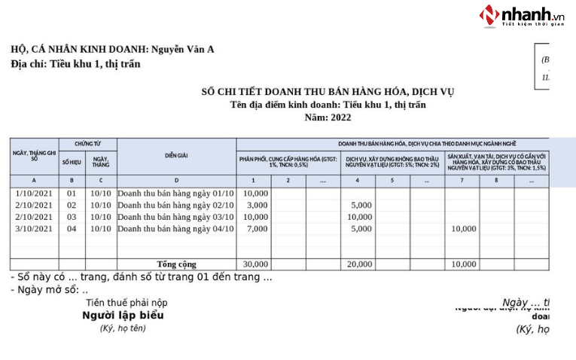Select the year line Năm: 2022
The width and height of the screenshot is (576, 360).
pyautogui.click(x=328, y=117)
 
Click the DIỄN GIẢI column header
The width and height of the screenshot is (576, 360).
pyautogui.click(x=176, y=156)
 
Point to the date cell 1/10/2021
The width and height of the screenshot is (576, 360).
pyautogui.click(x=34, y=194)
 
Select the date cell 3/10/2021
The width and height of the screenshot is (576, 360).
pyautogui.click(x=34, y=228)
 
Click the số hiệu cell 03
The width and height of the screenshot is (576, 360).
pyautogui.click(x=72, y=217)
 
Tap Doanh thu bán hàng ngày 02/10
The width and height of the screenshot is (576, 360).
pyautogui.click(x=176, y=205)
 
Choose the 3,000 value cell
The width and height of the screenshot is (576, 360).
pyautogui.click(x=257, y=205)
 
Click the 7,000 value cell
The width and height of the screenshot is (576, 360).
pyautogui.click(x=257, y=228)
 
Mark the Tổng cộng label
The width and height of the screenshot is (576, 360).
pyautogui.click(x=176, y=264)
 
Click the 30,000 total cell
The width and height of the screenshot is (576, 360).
pyautogui.click(x=255, y=264)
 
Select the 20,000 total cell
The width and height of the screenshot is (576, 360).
pyautogui.click(x=359, y=264)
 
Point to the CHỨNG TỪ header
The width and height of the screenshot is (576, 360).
pyautogui.click(x=87, y=143)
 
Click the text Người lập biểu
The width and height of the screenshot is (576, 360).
pyautogui.click(x=123, y=316)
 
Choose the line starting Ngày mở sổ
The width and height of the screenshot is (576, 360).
pyautogui.click(x=50, y=290)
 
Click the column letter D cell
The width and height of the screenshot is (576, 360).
pyautogui.click(x=176, y=181)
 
